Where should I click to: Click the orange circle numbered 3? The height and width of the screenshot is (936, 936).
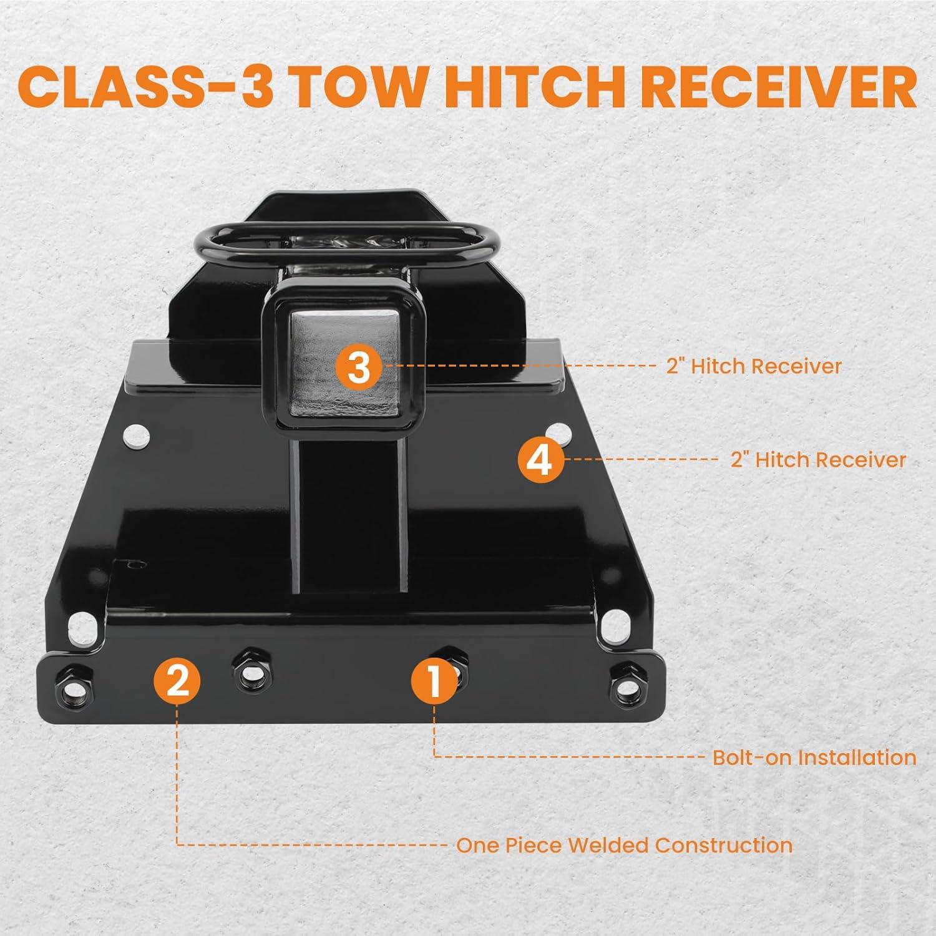click(x=359, y=366)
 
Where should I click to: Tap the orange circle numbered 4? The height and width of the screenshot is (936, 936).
click(x=542, y=461)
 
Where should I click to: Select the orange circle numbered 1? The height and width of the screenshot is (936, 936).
click(x=435, y=680)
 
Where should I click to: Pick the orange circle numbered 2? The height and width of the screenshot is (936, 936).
click(x=178, y=680)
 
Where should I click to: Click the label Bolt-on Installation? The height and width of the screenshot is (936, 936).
click(x=814, y=758)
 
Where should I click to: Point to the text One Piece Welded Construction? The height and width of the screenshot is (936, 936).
click(x=625, y=846)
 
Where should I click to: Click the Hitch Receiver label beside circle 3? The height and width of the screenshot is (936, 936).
click(x=754, y=366)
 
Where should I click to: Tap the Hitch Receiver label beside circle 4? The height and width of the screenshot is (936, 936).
click(x=818, y=460)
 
